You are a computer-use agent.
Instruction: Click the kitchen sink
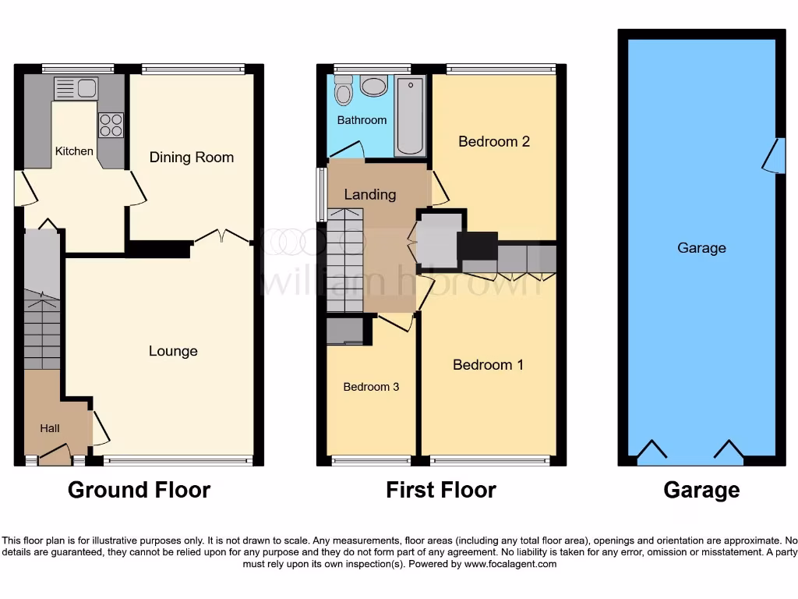coord(75,88)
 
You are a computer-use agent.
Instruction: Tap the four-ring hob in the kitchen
coord(110,125)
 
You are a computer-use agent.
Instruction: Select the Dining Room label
coord(192,158)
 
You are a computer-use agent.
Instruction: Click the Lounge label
coord(173,351)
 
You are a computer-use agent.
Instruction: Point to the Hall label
coord(50,428)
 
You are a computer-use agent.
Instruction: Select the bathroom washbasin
coord(374,85)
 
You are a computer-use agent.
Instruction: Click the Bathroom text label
coord(362,120)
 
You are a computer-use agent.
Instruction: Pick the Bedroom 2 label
coord(494,141)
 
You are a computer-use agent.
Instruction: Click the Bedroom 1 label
coord(488,364)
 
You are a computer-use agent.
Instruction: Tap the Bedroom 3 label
coord(371,387)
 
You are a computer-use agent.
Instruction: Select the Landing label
coord(370,194)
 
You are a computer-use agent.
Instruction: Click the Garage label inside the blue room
coord(701,248)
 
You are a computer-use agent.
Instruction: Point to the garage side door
coord(772,156)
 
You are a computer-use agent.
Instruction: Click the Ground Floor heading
coord(139,490)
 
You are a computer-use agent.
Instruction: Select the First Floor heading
coord(441,490)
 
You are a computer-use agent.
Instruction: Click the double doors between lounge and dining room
coord(222,236)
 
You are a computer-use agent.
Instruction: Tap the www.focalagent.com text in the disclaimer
coord(510,564)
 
